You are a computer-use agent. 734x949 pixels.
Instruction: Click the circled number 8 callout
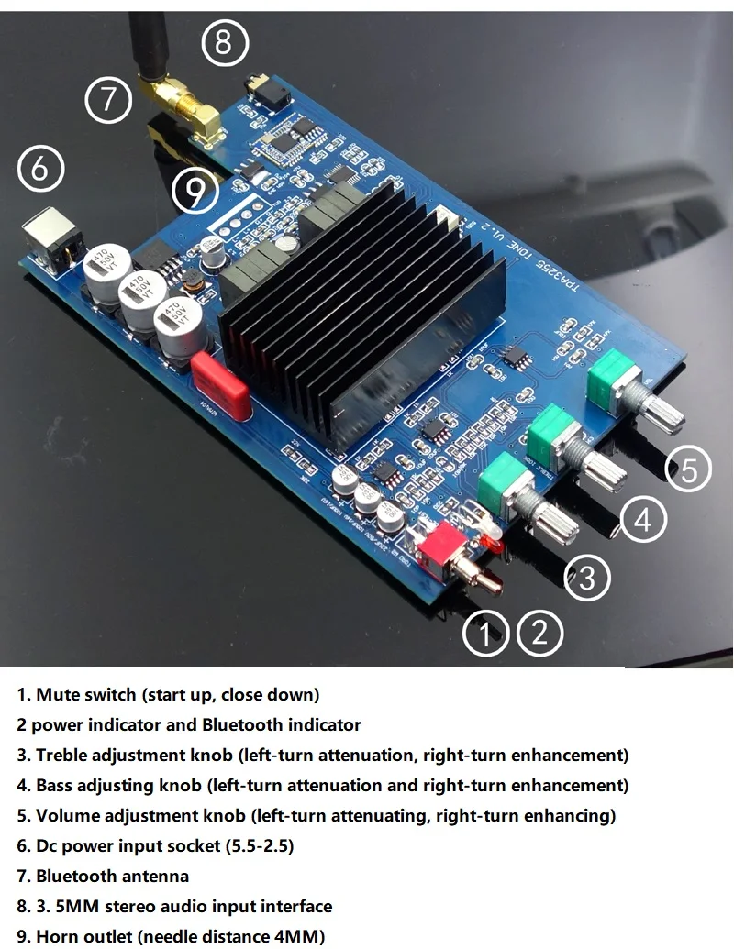pos(225,42)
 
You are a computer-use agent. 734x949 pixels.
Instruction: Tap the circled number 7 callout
pos(110,98)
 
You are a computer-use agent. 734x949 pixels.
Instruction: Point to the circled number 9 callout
pos(195,191)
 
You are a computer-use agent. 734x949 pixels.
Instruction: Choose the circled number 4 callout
pos(643,520)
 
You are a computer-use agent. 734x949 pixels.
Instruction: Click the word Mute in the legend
pos(58,694)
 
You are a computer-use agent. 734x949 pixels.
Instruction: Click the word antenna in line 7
pos(157,876)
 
